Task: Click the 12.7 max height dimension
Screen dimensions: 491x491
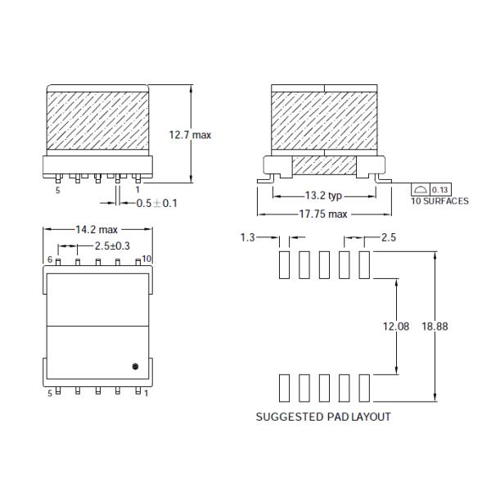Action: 190,135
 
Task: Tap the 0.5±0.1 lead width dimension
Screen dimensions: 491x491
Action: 157,203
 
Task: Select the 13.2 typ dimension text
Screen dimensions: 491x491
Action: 323,196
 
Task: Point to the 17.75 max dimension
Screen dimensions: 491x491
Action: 323,214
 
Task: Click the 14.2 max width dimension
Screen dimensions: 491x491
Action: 97,229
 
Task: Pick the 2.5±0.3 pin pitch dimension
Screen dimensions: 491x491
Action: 112,245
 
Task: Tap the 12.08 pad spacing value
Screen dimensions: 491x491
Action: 396,327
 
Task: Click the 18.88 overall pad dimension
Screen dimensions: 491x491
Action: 435,327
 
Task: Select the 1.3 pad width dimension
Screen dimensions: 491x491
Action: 248,237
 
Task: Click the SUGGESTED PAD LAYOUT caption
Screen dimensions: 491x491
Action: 323,417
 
